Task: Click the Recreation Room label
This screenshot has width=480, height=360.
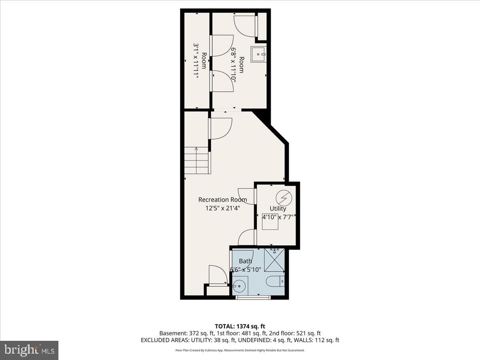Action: [x=223, y=200]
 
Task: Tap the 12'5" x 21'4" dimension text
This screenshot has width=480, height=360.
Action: [x=223, y=208]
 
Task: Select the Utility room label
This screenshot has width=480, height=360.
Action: [x=278, y=208]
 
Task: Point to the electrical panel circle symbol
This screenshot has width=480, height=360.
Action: [x=284, y=198]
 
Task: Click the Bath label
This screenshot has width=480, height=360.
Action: [x=245, y=261]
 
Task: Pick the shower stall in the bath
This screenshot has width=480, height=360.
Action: [x=274, y=260]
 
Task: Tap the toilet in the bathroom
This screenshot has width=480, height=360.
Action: [x=276, y=281]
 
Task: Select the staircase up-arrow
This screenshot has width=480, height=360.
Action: [x=196, y=160]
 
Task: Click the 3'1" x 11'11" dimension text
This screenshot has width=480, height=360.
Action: [x=196, y=61]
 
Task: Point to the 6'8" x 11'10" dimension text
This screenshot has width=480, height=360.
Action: [x=233, y=65]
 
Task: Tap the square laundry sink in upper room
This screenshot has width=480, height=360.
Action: [x=258, y=54]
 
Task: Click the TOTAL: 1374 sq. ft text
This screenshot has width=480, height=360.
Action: [x=240, y=326]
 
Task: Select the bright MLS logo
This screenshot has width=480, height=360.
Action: [x=29, y=350]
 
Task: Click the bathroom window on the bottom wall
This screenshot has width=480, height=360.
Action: [x=253, y=297]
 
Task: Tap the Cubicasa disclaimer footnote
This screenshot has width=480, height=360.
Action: [x=240, y=350]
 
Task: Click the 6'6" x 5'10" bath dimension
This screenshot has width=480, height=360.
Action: [x=246, y=270]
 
